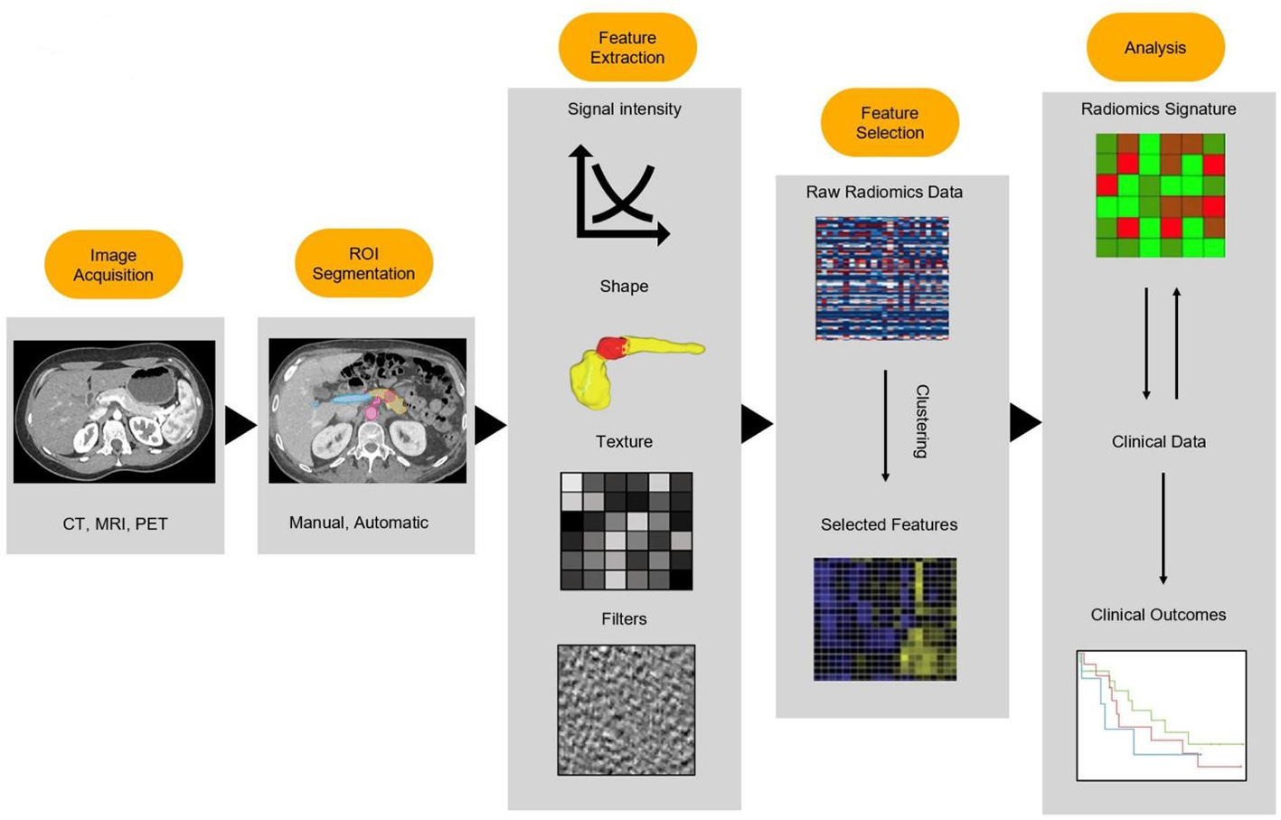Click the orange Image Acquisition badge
click(x=113, y=264)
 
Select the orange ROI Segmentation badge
click(x=363, y=263)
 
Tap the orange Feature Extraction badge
click(x=626, y=47)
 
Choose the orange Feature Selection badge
click(x=889, y=122)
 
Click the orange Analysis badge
click(x=1154, y=48)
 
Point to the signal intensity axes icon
click(x=619, y=194)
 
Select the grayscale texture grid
click(x=626, y=531)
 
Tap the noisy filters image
click(x=626, y=710)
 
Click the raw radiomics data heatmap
click(x=881, y=278)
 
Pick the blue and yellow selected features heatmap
click(x=884, y=619)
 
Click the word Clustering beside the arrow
click(x=921, y=421)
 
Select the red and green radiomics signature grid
click(x=1160, y=195)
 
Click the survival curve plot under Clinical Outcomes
click(x=1161, y=715)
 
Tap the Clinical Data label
click(x=1158, y=442)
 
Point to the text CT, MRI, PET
click(x=115, y=523)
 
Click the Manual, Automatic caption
click(x=358, y=523)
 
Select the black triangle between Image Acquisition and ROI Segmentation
click(x=239, y=425)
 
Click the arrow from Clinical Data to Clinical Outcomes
click(x=1163, y=528)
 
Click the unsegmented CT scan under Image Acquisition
click(x=114, y=411)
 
